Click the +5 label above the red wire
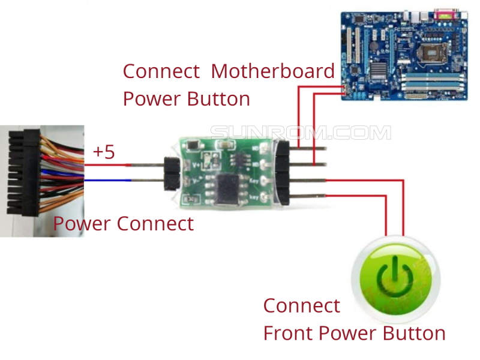click(104, 152)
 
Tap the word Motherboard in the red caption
click(273, 71)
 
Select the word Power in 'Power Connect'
click(82, 224)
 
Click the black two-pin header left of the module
click(170, 172)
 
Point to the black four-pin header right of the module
click(283, 171)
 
